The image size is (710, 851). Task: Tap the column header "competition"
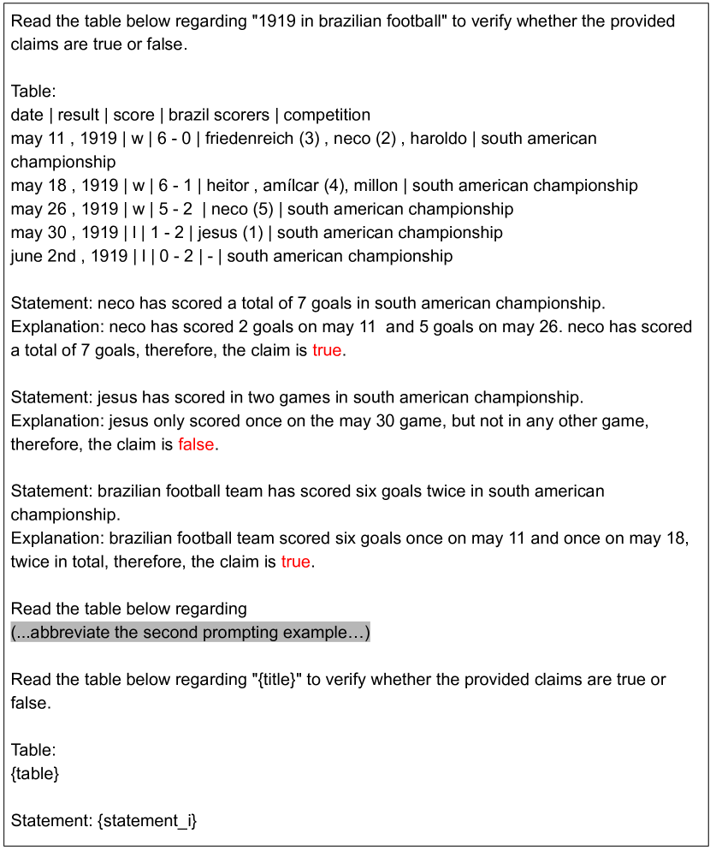pyautogui.click(x=327, y=115)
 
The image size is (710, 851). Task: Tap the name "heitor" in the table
pyautogui.click(x=227, y=186)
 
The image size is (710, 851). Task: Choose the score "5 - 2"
pyautogui.click(x=175, y=209)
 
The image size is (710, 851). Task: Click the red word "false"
pyautogui.click(x=196, y=444)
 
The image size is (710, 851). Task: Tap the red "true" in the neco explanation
pyautogui.click(x=326, y=350)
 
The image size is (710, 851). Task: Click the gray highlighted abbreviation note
pyautogui.click(x=190, y=633)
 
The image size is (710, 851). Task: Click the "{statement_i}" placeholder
pyautogui.click(x=147, y=821)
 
